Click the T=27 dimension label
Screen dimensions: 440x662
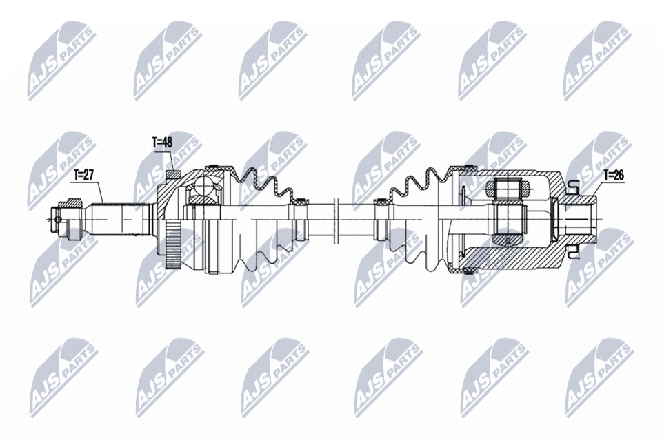pos(84,175)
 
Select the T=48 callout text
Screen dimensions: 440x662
pos(162,143)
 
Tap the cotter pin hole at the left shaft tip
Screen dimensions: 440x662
pos(59,220)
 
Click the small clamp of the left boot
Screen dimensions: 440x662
pos(301,202)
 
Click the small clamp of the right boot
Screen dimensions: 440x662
pos(378,203)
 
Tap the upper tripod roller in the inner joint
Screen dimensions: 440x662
pos(508,187)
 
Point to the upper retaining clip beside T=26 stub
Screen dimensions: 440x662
pos(572,186)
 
